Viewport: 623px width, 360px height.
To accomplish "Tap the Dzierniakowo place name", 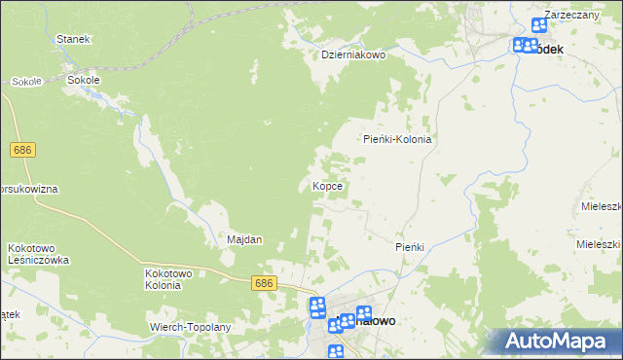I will tap(354, 55).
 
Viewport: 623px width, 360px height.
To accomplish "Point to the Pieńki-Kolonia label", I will tap(397, 139).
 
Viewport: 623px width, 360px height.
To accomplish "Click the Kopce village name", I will tap(325, 185).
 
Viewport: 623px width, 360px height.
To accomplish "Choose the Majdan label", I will tap(244, 239).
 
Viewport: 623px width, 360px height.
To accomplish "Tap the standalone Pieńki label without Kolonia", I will tap(410, 247).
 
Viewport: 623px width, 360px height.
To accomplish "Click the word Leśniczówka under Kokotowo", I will tap(38, 261).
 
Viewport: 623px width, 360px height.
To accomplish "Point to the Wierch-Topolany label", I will tap(191, 327).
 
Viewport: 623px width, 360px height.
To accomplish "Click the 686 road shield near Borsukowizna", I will tap(24, 150).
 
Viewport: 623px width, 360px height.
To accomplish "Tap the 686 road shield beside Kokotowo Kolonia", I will tap(264, 283).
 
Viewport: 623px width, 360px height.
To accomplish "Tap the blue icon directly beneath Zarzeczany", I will tap(539, 27).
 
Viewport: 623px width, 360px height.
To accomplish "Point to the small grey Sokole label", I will tap(26, 82).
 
